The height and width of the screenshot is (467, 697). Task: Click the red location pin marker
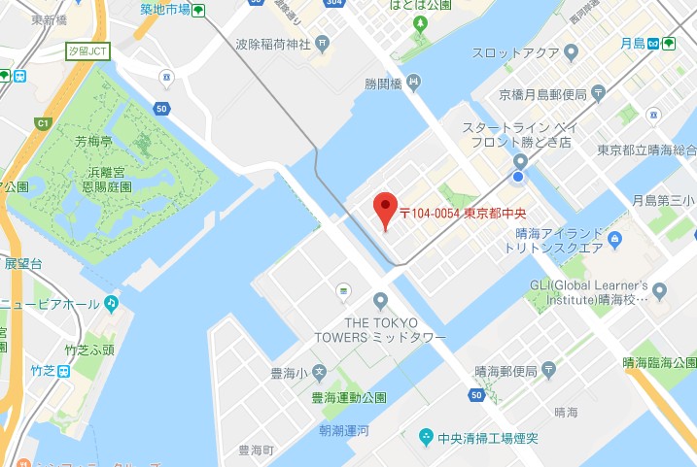[387, 208]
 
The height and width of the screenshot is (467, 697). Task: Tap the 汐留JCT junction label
[87, 50]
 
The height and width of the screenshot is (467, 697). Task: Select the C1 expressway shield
[42, 123]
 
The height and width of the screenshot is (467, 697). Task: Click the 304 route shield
[335, 3]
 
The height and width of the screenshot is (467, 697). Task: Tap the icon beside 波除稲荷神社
[322, 44]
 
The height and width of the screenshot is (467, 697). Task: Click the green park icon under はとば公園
[420, 21]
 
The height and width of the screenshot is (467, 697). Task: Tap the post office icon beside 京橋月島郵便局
[599, 94]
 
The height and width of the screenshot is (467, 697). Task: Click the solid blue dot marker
[518, 177]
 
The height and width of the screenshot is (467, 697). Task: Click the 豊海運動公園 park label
[348, 397]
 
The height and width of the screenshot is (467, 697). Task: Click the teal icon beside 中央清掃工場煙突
[426, 438]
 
